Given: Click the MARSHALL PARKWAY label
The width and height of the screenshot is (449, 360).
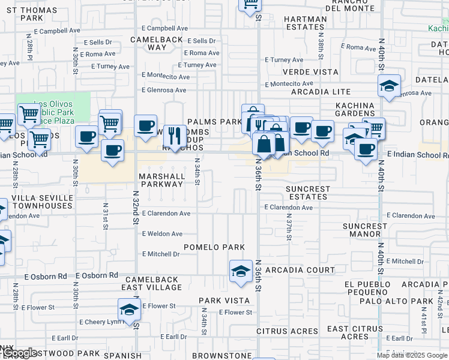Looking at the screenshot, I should tap(161, 180).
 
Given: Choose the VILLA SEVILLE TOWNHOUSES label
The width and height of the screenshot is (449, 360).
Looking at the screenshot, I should tap(42, 202).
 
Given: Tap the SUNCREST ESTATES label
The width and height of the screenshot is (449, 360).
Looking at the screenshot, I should tap(308, 193).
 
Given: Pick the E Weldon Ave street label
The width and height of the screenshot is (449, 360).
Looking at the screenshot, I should tap(162, 234).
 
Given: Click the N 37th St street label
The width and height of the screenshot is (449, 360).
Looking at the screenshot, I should tap(289, 228).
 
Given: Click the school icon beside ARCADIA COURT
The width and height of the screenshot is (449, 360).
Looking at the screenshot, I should tap(241, 271).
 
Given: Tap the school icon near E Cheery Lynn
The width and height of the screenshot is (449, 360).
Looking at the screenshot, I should tap(129, 310).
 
